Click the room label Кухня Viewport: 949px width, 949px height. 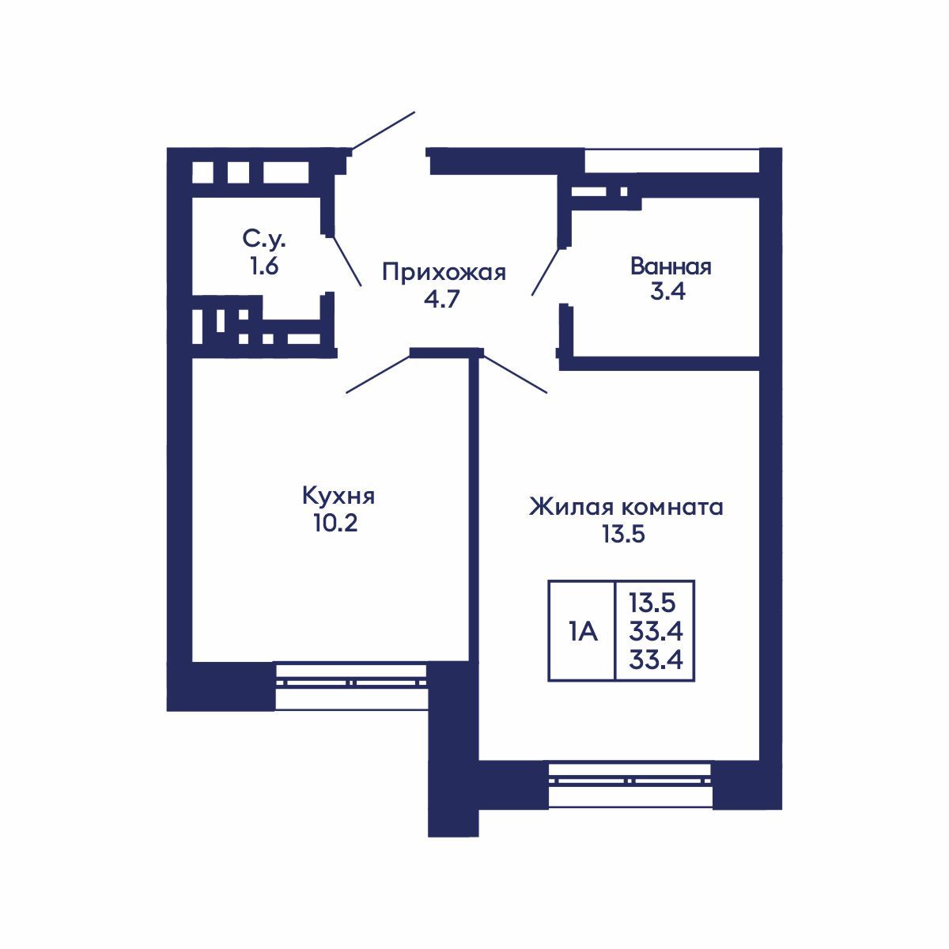click(x=338, y=497)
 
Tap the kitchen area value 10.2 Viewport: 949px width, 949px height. click(x=335, y=524)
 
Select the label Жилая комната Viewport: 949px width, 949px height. click(x=626, y=506)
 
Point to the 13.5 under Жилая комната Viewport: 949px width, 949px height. click(x=624, y=535)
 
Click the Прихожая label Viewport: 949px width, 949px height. click(x=443, y=273)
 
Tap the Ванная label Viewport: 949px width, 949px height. click(x=671, y=267)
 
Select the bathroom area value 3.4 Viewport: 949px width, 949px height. click(x=669, y=293)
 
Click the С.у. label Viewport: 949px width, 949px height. click(x=263, y=238)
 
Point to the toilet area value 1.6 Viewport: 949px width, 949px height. click(x=263, y=267)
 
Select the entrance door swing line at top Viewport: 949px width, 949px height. click(x=383, y=130)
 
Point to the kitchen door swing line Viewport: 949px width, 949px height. click(x=377, y=375)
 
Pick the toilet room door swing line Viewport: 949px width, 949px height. click(x=345, y=260)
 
